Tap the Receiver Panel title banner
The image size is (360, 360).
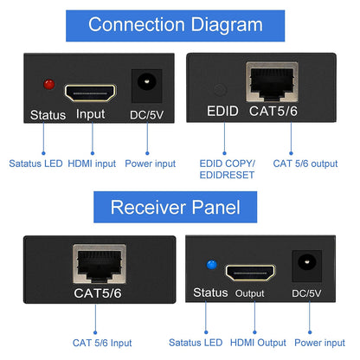[x=179, y=207]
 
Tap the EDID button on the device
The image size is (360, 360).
[x=222, y=88]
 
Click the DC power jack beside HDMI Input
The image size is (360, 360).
[x=145, y=87]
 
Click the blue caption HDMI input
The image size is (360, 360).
[x=91, y=163]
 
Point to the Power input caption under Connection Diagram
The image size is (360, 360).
[x=151, y=163]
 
